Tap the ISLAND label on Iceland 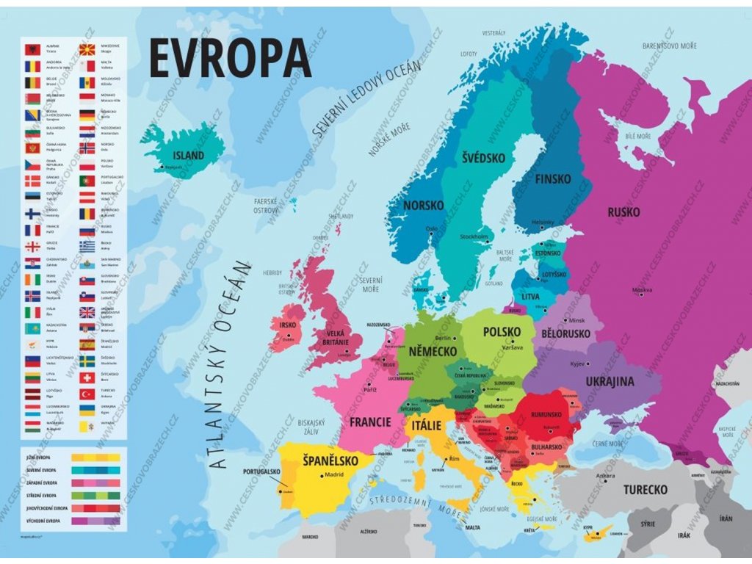pyautogui.click(x=189, y=156)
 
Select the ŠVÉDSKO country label pyautogui.click(x=483, y=158)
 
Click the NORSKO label pyautogui.click(x=423, y=206)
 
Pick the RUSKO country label pyautogui.click(x=623, y=212)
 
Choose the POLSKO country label pyautogui.click(x=502, y=332)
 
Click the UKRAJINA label pyautogui.click(x=610, y=381)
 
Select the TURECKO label pyautogui.click(x=646, y=489)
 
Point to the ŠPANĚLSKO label pyautogui.click(x=330, y=461)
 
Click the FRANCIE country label pyautogui.click(x=370, y=422)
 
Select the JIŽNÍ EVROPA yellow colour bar pyautogui.click(x=95, y=458)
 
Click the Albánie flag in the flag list pyautogui.click(x=32, y=50)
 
